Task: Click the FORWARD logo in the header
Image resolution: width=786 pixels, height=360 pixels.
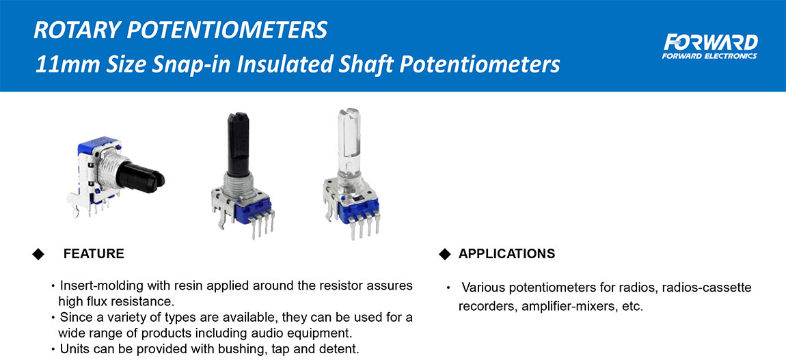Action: click(x=709, y=46)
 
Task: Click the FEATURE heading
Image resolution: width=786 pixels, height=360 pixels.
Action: click(x=94, y=254)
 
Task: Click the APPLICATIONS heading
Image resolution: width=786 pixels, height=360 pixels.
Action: click(x=506, y=254)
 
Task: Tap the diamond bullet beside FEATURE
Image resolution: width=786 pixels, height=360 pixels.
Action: click(x=38, y=254)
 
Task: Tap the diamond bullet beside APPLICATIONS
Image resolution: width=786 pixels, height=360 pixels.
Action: click(x=445, y=254)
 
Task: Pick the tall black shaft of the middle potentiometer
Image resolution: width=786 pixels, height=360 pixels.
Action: click(x=238, y=144)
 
